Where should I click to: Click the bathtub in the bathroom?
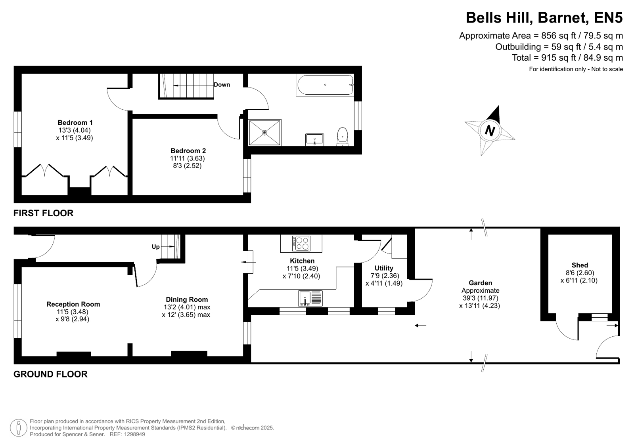325,85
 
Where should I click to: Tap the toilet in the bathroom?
343,137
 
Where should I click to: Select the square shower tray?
264,133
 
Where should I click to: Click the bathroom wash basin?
315,140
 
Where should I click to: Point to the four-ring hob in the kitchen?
301,244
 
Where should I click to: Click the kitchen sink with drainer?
310,298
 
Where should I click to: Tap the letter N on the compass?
490,131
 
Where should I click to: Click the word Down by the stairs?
222,84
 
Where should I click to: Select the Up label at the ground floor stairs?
156,247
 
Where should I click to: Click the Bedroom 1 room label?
75,122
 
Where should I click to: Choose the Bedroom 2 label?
188,151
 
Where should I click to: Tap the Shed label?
580,265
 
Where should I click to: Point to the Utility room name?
384,268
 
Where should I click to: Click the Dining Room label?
187,299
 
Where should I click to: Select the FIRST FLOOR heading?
43,213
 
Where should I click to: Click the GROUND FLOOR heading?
50,374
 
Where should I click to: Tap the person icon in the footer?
19,428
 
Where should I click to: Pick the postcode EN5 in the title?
608,17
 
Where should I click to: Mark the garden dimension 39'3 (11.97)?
480,298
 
